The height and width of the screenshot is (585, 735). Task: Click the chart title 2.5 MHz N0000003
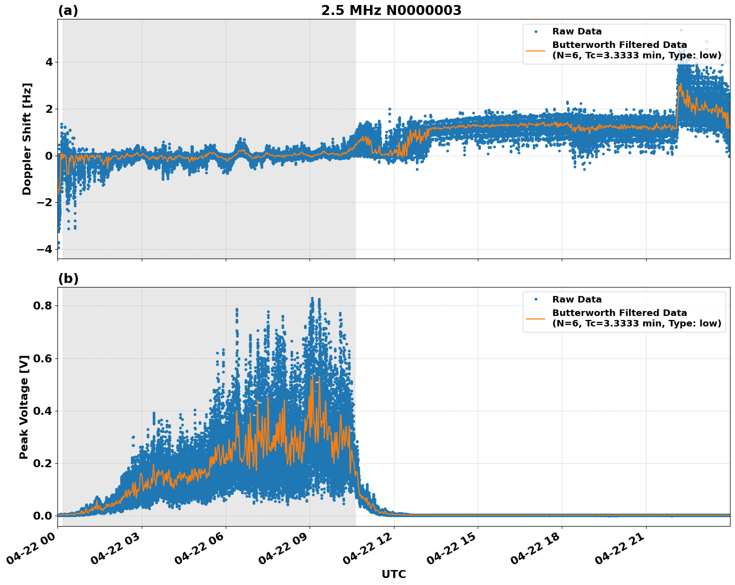(x=391, y=10)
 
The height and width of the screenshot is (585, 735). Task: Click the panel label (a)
(x=68, y=10)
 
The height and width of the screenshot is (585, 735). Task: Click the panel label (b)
(x=68, y=279)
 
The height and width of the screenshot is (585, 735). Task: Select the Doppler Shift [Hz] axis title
(x=27, y=139)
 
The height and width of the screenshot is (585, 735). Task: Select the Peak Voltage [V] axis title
(x=24, y=407)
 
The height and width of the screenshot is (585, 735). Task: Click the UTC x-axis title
(x=393, y=574)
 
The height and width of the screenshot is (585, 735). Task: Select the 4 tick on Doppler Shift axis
(x=49, y=62)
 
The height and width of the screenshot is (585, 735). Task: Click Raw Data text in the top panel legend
(x=577, y=31)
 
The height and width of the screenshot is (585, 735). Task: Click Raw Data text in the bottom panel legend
(x=577, y=299)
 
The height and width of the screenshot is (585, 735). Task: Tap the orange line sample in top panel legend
(x=536, y=50)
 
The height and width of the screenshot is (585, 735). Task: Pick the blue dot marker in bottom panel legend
(x=536, y=299)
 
